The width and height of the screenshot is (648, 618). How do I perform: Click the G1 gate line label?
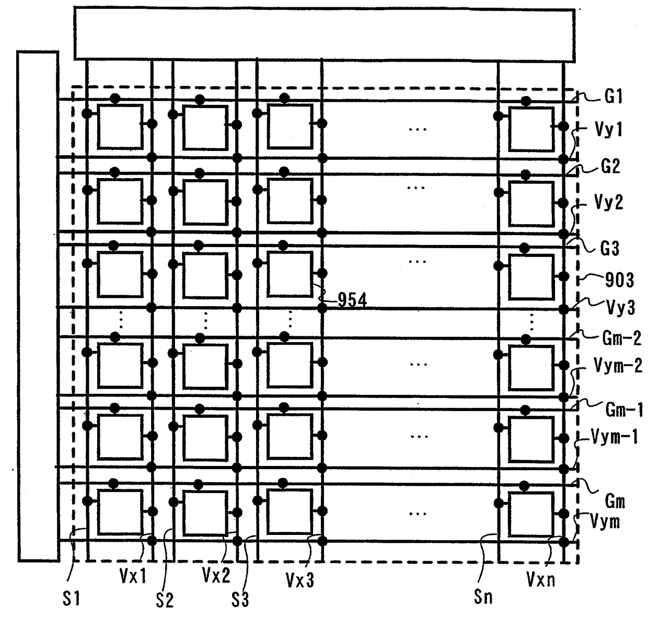pyautogui.click(x=614, y=97)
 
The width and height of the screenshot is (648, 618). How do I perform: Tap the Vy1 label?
pyautogui.click(x=609, y=129)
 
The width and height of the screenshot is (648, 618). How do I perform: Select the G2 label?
pyautogui.click(x=610, y=167)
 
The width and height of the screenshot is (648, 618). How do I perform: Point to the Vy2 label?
pyautogui.click(x=609, y=202)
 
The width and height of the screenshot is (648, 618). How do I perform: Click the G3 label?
pyautogui.click(x=609, y=249)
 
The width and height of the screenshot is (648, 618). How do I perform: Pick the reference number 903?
pyautogui.click(x=619, y=281)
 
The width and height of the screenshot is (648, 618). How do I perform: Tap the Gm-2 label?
pyautogui.click(x=621, y=338)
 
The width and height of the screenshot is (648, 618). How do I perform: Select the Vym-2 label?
pyautogui.click(x=618, y=366)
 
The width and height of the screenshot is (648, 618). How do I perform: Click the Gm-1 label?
pyautogui.click(x=624, y=410)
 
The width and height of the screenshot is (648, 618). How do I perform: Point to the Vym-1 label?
pyautogui.click(x=615, y=436)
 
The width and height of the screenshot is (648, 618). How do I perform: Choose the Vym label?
pyautogui.click(x=605, y=521)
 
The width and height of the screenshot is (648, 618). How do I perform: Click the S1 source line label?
pyautogui.click(x=71, y=598)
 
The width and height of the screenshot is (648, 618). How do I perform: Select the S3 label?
pyautogui.click(x=240, y=600)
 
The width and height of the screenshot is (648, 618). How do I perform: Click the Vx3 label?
pyautogui.click(x=300, y=579)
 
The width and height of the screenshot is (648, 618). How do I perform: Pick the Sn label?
pyautogui.click(x=483, y=597)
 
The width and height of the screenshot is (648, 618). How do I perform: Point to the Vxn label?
pyautogui.click(x=540, y=579)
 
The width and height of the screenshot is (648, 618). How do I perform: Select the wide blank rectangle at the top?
pyautogui.click(x=324, y=33)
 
